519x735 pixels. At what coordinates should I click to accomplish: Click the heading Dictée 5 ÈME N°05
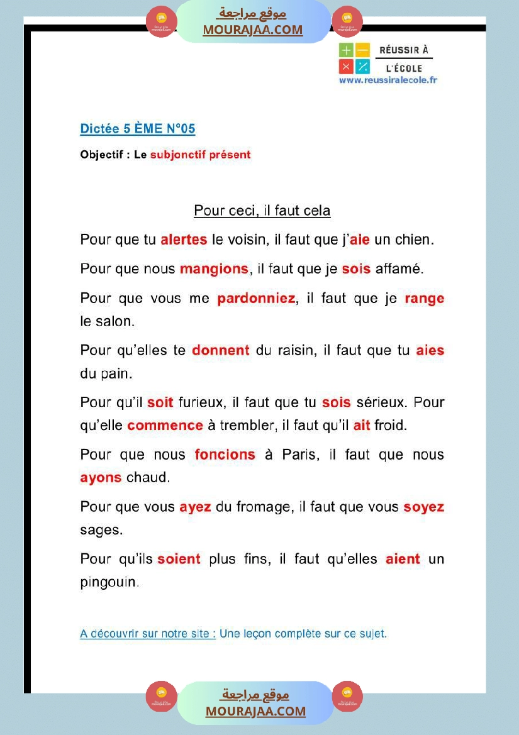click(138, 129)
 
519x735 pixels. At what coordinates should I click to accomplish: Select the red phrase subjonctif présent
click(200, 155)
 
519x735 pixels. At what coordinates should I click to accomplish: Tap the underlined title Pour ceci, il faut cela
click(262, 211)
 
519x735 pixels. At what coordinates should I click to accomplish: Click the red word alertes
click(184, 240)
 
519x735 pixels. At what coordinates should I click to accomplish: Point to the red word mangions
click(214, 269)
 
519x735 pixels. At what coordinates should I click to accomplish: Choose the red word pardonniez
click(256, 299)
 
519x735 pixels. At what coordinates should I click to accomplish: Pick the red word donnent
click(221, 350)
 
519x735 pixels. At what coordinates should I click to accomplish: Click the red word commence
click(165, 426)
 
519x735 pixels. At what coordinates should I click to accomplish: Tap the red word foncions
click(225, 455)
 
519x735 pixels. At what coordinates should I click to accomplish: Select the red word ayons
click(101, 478)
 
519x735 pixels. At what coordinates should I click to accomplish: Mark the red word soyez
click(423, 507)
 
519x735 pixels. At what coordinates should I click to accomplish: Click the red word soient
click(179, 559)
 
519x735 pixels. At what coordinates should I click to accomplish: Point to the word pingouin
click(109, 582)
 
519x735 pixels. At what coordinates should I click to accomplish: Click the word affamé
click(399, 269)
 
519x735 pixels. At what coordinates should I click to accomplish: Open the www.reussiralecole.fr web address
click(388, 80)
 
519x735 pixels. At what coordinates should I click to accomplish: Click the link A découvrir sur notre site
click(148, 634)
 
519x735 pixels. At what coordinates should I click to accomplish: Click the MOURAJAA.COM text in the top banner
click(252, 30)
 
